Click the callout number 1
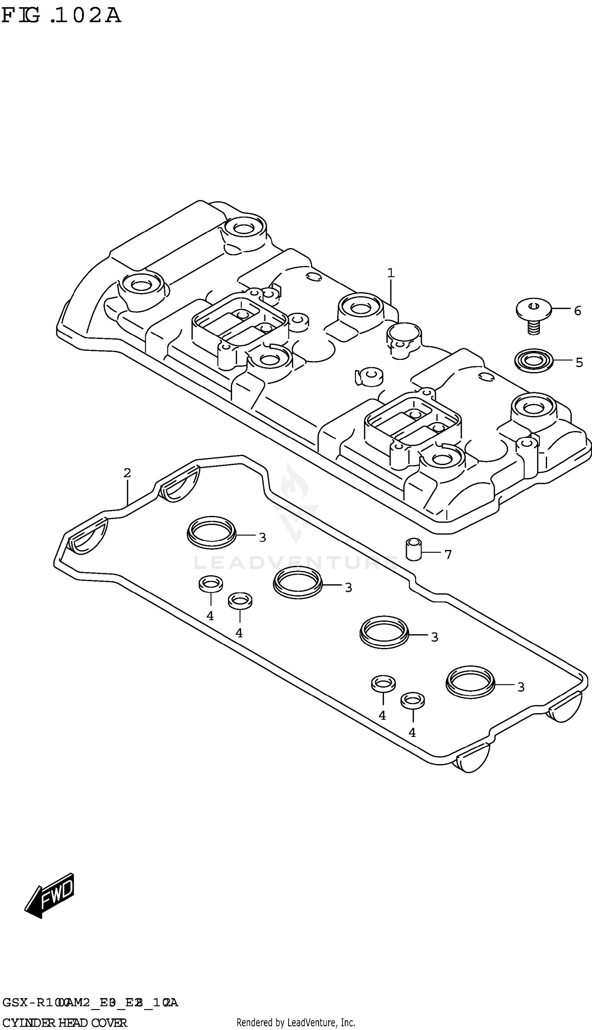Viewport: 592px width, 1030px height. click(391, 273)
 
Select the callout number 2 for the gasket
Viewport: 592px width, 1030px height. click(127, 473)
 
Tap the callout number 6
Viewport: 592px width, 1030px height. click(577, 311)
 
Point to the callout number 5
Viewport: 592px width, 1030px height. click(579, 362)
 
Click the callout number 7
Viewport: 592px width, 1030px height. click(448, 555)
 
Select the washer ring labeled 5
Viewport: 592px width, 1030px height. click(534, 360)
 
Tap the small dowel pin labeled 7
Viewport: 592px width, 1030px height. click(414, 549)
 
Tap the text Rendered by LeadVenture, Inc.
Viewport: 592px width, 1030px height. click(296, 1022)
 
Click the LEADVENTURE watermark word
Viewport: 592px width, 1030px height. click(296, 563)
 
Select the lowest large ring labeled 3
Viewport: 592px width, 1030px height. click(470, 682)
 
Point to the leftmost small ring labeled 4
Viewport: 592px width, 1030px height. click(211, 584)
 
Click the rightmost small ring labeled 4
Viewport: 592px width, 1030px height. click(413, 700)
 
